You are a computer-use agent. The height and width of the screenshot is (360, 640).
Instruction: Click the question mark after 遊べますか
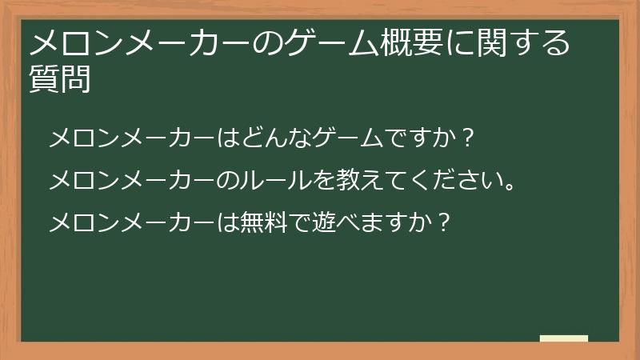coord(445,221)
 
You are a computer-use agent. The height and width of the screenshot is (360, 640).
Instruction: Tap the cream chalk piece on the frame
coord(563,338)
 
